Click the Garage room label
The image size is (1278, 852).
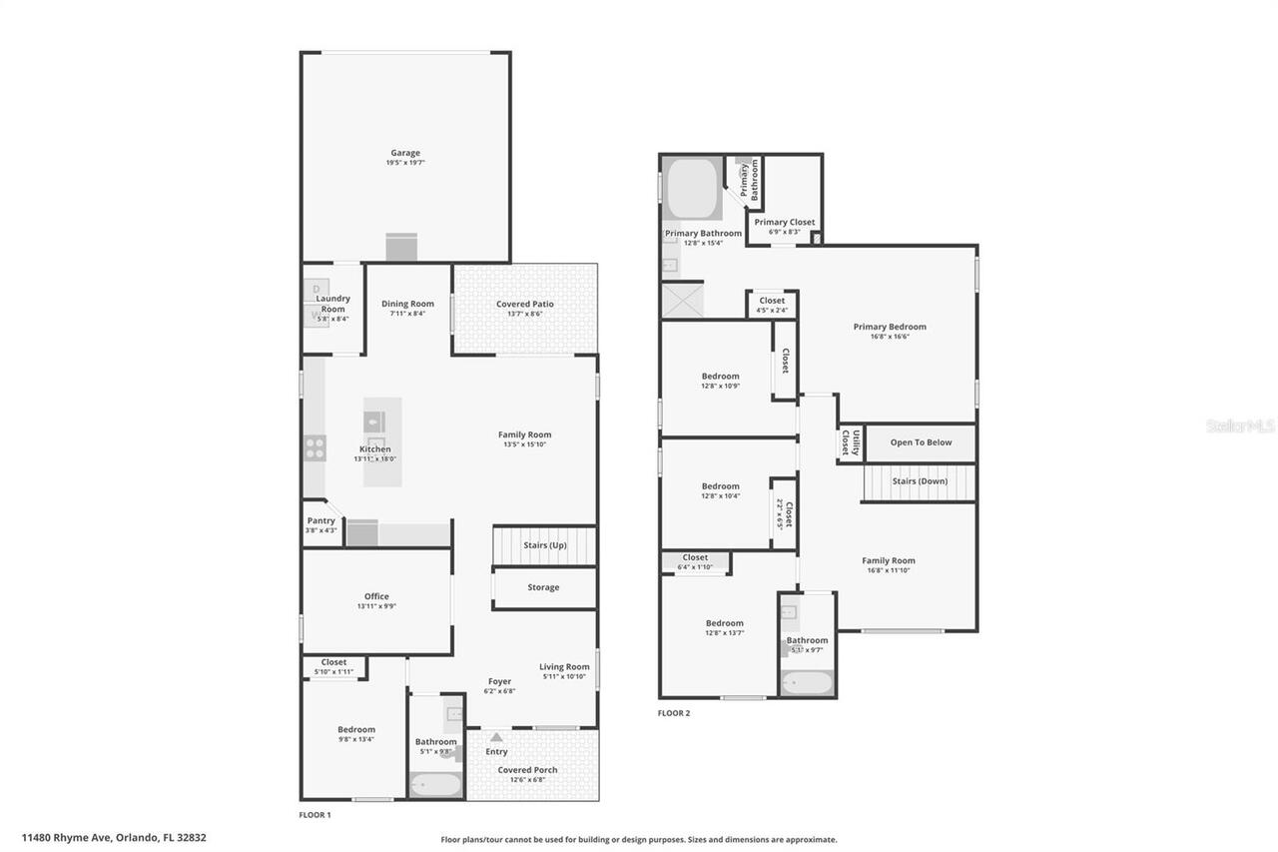pos(405,153)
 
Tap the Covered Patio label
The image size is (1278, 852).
pos(524,304)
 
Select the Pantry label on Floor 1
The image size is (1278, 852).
pos(320,520)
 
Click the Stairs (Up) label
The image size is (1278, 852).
pos(545,545)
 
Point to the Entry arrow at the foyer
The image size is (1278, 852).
pos(496,737)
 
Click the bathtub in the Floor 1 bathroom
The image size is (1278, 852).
pos(436,784)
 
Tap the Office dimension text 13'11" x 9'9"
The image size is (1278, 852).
pos(376,606)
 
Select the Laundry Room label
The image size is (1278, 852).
pos(332,304)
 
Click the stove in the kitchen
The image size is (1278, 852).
pos(316,448)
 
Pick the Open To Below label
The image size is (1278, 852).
pos(921,442)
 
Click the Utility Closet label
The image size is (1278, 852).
pos(850,442)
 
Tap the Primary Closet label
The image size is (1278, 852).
pos(784,222)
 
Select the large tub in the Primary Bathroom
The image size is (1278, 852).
pos(692,188)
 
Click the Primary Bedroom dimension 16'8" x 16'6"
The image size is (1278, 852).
pos(889,337)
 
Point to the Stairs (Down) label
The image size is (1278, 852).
pos(920,481)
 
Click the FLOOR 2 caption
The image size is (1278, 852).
pos(673,713)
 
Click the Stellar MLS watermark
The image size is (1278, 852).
pos(1240,426)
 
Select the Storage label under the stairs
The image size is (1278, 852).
pos(543,587)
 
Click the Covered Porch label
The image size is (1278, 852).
pos(528,770)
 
